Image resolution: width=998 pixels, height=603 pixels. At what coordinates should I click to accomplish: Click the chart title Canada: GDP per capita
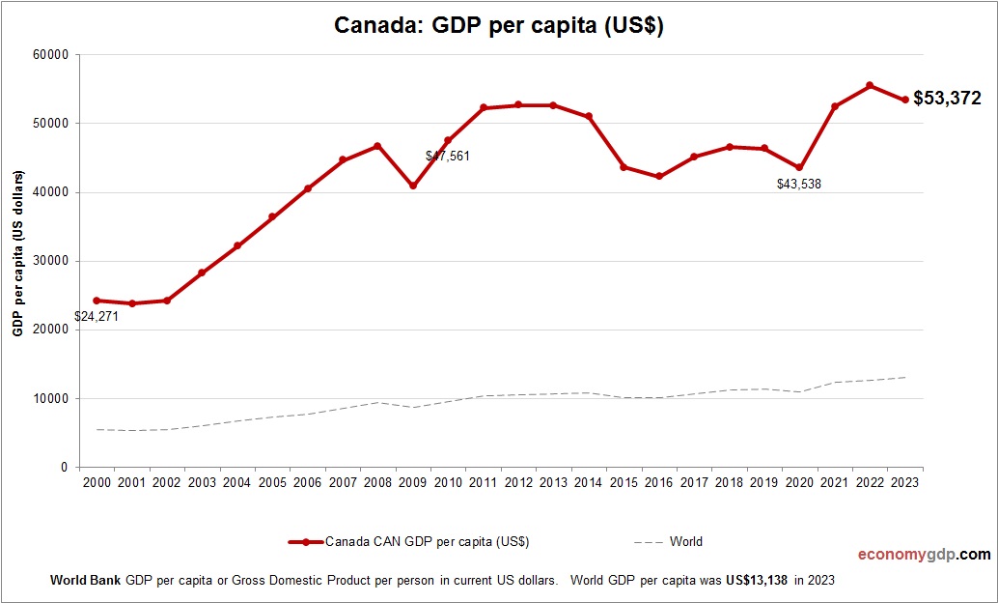498,25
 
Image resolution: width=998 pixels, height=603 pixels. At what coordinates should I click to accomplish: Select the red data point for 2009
413,186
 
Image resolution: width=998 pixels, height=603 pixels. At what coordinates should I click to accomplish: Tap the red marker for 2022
870,86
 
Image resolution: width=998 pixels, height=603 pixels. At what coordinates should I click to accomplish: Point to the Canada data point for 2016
659,177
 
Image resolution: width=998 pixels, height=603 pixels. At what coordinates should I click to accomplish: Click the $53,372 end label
947,99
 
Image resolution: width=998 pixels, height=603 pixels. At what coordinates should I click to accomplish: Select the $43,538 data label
798,184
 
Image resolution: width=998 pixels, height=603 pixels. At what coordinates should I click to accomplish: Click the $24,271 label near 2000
97,316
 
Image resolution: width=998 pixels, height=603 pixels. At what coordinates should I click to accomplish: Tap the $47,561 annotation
448,156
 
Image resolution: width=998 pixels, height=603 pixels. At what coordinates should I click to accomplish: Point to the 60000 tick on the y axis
50,55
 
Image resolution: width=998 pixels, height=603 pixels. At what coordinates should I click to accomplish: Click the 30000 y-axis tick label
50,261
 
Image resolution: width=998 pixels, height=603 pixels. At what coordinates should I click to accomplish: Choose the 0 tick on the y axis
63,468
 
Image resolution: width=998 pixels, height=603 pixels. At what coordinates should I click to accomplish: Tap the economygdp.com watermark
924,555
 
